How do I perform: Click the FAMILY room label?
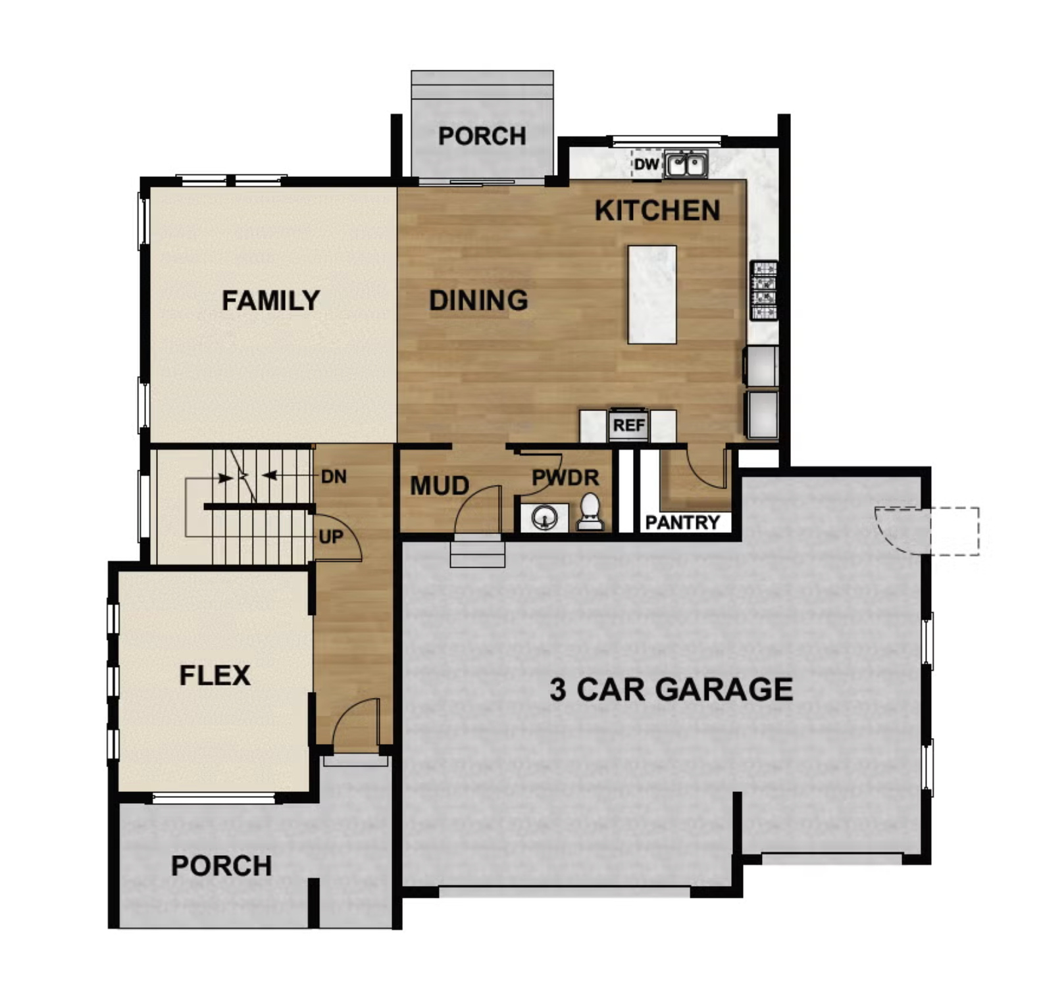coord(270,301)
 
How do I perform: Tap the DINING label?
coord(478,301)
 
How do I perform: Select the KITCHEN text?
coord(657,211)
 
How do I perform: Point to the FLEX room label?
coord(215,676)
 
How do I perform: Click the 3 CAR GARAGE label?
coord(671,689)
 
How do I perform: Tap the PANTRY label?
coord(682,522)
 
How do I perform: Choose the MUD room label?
coord(440,486)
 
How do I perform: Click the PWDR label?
coord(565,478)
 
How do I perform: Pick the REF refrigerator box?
coord(628,426)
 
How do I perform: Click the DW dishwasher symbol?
coord(646,164)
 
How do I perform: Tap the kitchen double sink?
coord(686,164)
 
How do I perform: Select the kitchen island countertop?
coord(651,295)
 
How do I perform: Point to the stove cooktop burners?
coord(765,291)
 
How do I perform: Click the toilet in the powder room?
coord(590,512)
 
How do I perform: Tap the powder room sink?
coord(545,517)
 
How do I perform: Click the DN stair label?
coord(334,476)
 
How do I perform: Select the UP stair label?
coord(330,537)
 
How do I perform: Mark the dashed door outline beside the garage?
coord(952,531)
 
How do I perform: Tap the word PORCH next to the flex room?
coord(221,866)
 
